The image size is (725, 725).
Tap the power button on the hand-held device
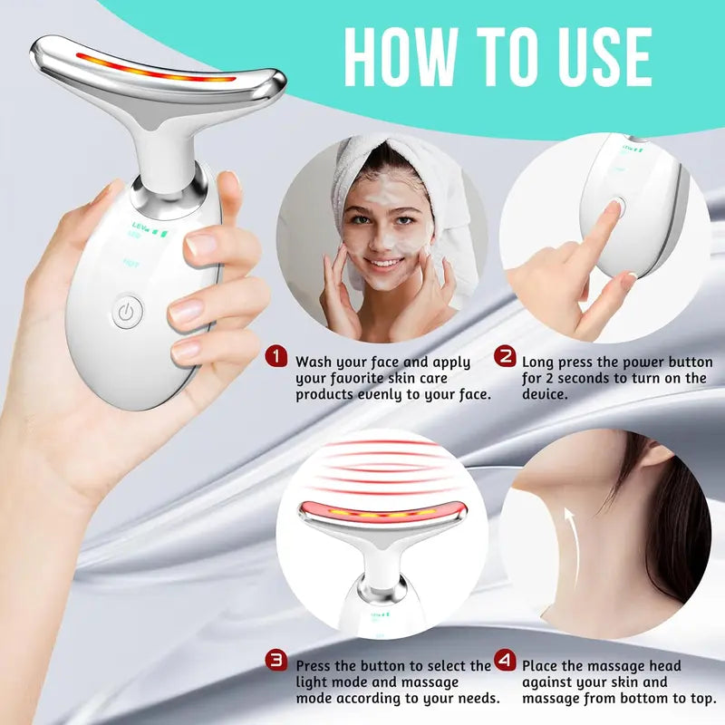click(128, 313)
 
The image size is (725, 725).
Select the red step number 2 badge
click(506, 355)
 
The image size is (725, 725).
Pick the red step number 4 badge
click(506, 661)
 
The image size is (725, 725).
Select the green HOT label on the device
click(131, 265)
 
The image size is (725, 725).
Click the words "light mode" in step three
click(336, 681)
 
